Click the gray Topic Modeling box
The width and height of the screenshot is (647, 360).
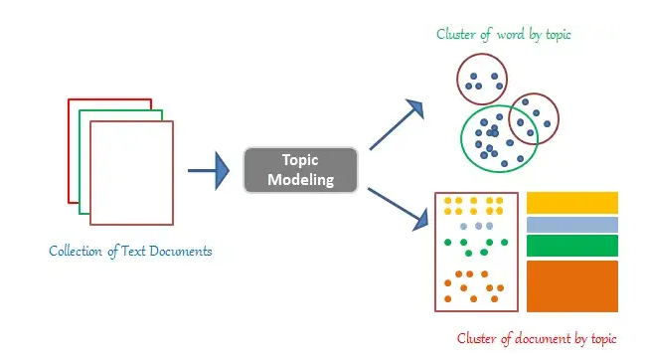[299, 170]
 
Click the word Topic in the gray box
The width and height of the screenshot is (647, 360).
[299, 160]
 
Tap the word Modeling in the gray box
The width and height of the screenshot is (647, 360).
[299, 180]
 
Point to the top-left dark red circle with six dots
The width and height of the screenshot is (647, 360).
[481, 79]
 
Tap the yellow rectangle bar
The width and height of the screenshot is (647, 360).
[571, 203]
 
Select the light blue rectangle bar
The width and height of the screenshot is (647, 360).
[571, 225]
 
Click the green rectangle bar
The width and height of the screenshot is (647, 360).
[571, 246]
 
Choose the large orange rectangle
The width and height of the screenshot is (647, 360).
[571, 285]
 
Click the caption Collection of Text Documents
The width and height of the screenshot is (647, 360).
[130, 251]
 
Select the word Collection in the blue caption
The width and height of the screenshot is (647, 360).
[79, 251]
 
